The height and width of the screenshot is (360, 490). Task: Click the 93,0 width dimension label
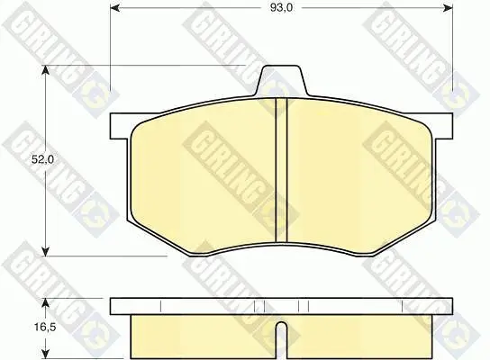281,8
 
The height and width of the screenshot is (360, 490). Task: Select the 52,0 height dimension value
43,160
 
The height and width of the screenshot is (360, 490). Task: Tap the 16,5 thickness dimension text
45,328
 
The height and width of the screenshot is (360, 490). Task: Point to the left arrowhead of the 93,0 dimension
115,8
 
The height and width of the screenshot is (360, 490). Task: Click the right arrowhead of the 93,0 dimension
449,8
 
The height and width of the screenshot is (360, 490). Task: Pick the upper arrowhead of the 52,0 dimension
46,70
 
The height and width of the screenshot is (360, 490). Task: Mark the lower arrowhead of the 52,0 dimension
46,251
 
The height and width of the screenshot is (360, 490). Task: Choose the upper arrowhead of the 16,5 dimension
46,303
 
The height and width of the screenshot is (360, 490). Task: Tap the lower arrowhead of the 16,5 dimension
46,354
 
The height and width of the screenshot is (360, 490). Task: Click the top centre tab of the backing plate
281,79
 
